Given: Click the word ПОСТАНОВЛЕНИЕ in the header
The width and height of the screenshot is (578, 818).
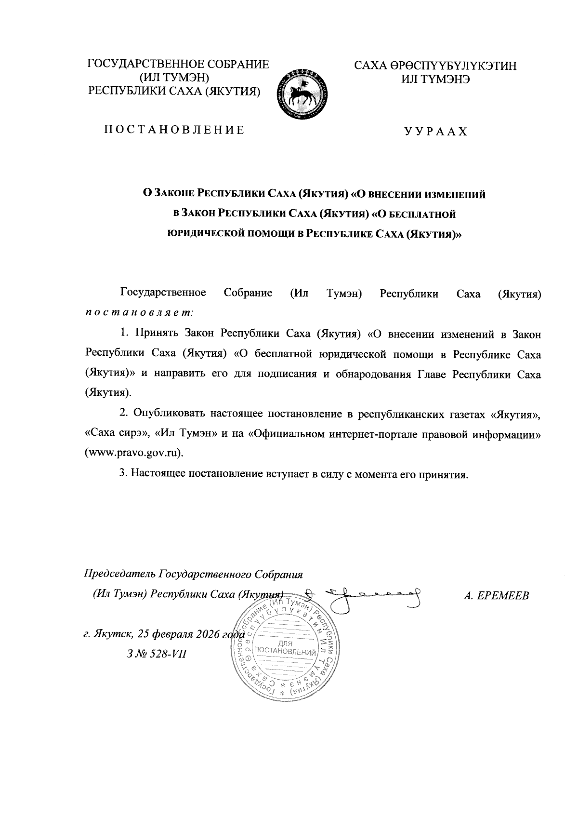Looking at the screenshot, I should click(x=174, y=130).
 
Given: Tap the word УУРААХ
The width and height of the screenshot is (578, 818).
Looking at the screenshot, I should click(x=435, y=132).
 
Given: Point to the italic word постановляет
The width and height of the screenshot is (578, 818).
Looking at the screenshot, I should click(x=139, y=313).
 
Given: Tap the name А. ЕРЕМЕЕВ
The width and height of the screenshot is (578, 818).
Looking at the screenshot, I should click(x=496, y=596).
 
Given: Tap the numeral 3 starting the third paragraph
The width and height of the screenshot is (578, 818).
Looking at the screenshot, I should click(x=122, y=474).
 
